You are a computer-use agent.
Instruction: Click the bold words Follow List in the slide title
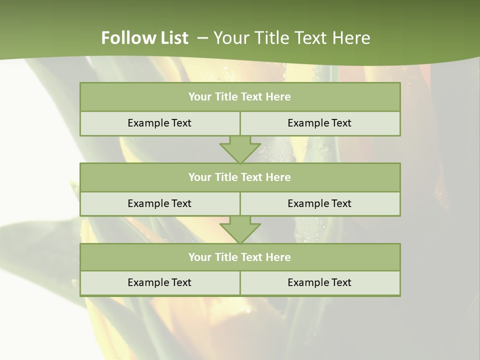pyautogui.click(x=144, y=38)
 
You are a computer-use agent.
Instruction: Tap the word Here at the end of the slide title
pyautogui.click(x=351, y=38)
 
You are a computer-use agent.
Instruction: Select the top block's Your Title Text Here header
pyautogui.click(x=239, y=97)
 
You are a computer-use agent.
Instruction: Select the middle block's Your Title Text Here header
pyautogui.click(x=239, y=177)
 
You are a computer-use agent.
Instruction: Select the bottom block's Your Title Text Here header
pyautogui.click(x=239, y=257)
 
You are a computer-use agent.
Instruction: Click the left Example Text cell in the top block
pyautogui.click(x=159, y=123)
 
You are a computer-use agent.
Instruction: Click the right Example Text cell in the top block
pyautogui.click(x=319, y=123)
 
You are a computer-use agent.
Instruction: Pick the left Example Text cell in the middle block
pyautogui.click(x=159, y=203)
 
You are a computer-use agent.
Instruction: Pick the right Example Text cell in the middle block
pyautogui.click(x=319, y=203)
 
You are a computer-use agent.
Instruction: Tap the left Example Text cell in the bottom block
pyautogui.click(x=159, y=282)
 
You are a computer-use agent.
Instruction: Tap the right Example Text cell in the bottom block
pyautogui.click(x=319, y=282)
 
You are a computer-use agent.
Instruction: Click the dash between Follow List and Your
pyautogui.click(x=202, y=38)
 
